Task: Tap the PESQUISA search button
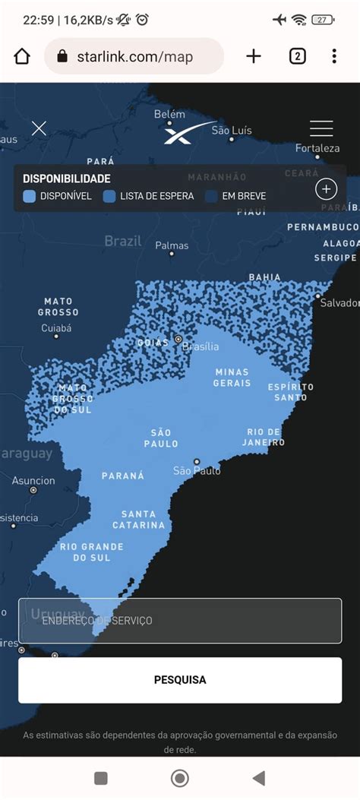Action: [180, 680]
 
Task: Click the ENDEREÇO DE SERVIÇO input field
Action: [180, 621]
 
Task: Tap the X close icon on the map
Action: [39, 128]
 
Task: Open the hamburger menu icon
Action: [321, 128]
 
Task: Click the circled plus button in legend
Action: [326, 189]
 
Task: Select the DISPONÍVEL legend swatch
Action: [29, 196]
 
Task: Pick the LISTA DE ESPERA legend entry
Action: [149, 196]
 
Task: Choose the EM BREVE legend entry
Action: [237, 196]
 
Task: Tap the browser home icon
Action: [22, 56]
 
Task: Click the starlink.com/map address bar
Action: [134, 57]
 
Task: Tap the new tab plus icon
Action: [254, 56]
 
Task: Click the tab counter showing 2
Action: [297, 56]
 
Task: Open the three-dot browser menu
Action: [334, 56]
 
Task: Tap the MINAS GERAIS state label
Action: [232, 378]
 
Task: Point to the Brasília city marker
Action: [178, 339]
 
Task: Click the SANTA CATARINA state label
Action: [139, 520]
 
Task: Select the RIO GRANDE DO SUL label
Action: [91, 552]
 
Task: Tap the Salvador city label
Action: [339, 303]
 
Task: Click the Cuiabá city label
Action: [56, 328]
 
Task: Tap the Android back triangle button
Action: [259, 778]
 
